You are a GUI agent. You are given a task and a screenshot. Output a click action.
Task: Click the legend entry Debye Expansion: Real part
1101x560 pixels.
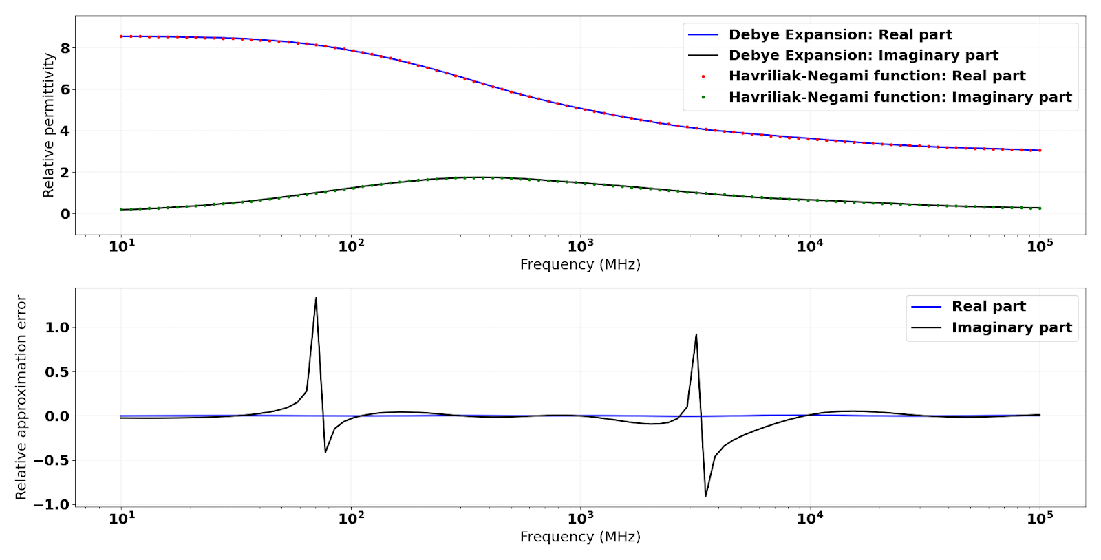click(840, 34)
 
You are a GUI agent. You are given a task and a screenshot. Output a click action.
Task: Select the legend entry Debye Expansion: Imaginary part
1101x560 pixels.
click(863, 55)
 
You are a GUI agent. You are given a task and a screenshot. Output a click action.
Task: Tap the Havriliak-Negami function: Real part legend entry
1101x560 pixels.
click(877, 76)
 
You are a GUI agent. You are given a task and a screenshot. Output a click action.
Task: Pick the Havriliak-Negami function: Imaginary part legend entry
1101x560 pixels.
click(900, 97)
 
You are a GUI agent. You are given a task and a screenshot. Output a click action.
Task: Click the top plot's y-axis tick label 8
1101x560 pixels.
click(65, 48)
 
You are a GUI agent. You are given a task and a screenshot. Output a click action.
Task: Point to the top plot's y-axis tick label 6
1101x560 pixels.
click(65, 89)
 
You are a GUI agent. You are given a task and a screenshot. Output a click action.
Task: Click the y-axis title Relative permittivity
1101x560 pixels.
click(48, 125)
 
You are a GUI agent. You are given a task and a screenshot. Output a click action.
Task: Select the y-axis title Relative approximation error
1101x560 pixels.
click(21, 398)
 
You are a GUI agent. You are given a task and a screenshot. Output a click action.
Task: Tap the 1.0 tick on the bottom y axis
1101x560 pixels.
click(57, 327)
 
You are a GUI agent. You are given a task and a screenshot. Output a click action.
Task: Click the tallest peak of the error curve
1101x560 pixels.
click(316, 298)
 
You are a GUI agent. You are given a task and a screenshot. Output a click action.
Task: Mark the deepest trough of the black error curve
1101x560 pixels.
click(705, 496)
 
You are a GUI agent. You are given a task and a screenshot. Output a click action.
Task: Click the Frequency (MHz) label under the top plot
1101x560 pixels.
click(580, 265)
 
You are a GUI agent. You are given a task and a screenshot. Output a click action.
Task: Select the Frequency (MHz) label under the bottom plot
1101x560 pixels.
click(580, 537)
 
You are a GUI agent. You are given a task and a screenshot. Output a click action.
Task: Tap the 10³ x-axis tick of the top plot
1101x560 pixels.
click(580, 246)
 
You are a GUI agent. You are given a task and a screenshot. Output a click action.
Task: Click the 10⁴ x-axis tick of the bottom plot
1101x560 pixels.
click(810, 518)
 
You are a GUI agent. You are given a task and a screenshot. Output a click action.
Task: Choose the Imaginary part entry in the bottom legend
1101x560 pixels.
click(1011, 327)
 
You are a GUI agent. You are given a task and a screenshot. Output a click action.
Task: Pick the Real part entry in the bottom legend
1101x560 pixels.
click(988, 306)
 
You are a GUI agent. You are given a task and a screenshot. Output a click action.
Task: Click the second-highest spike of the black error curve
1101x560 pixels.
click(696, 334)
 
